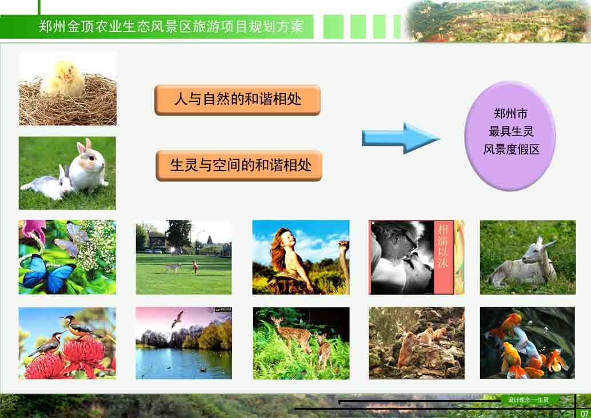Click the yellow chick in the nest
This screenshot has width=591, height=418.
pos(63,79)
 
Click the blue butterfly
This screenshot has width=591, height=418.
pos(48,273)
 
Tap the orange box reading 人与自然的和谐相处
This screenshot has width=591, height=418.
pos(237,100)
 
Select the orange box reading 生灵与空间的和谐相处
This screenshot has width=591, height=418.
pos(239,165)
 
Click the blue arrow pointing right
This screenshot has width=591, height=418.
pos(401,138)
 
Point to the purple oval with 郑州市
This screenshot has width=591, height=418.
pos(510,136)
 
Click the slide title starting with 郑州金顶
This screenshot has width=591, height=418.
pos(171,27)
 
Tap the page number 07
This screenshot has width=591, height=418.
pos(584,413)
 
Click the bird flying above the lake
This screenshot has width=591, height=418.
pos(178,319)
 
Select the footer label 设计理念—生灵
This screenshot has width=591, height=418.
pos(528,400)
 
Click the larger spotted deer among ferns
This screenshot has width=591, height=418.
pos(291,332)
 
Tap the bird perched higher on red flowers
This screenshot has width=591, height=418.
pos(80,327)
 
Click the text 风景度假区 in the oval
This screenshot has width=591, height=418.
pos(511,150)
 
